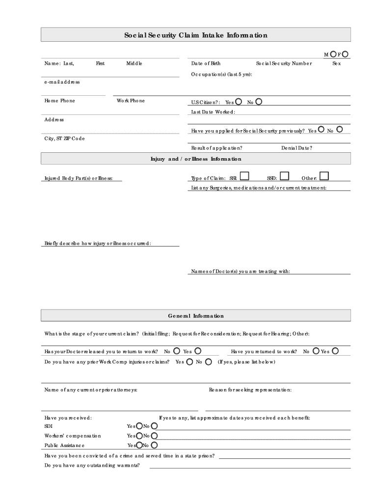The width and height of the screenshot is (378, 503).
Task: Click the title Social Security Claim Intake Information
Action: tap(195, 35)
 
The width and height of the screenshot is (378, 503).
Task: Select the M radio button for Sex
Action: tap(333, 54)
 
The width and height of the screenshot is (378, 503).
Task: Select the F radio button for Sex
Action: tap(346, 54)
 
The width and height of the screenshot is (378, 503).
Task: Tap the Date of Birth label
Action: tap(206, 63)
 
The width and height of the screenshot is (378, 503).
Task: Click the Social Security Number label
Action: tap(283, 63)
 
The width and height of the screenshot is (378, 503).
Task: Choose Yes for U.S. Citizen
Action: tap(239, 102)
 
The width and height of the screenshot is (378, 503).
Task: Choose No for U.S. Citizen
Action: tap(259, 102)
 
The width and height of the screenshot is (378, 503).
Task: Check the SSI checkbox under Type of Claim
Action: tap(244, 176)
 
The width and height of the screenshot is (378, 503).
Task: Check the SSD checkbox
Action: tap(284, 176)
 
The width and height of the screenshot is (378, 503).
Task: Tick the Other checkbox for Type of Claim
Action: tap(324, 176)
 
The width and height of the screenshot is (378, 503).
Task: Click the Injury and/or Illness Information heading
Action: tap(195, 159)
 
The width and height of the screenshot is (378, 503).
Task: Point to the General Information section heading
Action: tap(195, 316)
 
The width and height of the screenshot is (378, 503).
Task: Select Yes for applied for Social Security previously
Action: tap(321, 130)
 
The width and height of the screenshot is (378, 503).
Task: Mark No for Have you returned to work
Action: tap(316, 351)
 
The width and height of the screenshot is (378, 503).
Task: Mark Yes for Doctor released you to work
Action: tap(197, 351)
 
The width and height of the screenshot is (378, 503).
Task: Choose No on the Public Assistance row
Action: tap(154, 445)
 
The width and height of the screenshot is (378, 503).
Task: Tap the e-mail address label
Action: tap(62, 82)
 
